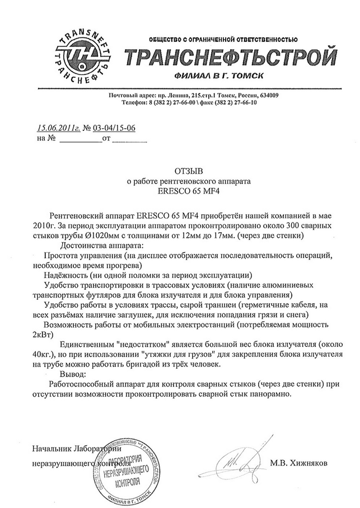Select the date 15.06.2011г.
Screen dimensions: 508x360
pos(58,128)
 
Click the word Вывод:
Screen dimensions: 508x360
pos(76,374)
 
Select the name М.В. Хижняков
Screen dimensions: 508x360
pos(297,464)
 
